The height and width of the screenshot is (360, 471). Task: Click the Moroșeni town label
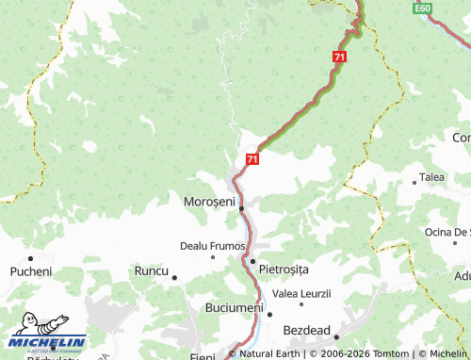coord(207,203)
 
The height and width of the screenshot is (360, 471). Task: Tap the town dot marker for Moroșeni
coord(241,208)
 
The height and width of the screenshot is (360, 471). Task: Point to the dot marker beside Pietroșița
coord(252,261)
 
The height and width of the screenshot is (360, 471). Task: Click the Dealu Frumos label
coord(212,246)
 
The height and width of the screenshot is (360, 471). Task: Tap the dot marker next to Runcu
coord(175,277)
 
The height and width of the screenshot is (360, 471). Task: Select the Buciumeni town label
coord(234,308)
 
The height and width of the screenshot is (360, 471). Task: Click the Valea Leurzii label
coord(301,294)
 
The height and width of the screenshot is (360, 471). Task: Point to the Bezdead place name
coord(307,331)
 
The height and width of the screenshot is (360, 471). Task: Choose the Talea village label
coord(432,177)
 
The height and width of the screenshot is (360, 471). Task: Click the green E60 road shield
coord(422,8)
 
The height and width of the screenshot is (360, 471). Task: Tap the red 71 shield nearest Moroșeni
coord(252,159)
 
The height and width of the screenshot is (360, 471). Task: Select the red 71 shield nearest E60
coord(338,57)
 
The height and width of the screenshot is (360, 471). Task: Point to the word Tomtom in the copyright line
coord(396,354)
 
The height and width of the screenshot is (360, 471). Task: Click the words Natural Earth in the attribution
coord(268,354)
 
